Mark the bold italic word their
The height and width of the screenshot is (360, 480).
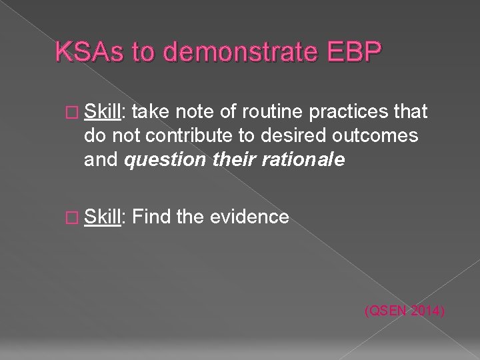[x=231, y=160]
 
